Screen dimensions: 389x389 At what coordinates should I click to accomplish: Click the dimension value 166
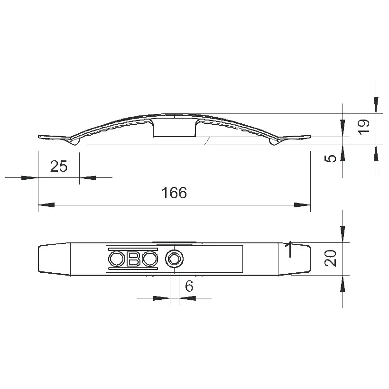[174, 193]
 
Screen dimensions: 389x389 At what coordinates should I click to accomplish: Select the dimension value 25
[59, 166]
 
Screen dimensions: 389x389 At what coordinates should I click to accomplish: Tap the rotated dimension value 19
[363, 126]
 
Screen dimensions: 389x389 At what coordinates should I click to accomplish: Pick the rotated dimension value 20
[332, 258]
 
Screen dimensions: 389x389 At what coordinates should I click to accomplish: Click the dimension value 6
[188, 286]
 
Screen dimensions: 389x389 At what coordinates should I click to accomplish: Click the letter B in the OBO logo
[133, 259]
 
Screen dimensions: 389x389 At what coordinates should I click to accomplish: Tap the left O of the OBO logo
[116, 259]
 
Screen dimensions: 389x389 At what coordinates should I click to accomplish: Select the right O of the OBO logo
[150, 259]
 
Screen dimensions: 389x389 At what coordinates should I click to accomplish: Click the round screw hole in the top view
[174, 259]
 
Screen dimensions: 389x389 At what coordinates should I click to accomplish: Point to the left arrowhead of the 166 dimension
[46, 205]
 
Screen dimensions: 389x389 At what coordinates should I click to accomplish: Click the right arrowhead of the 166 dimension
[302, 205]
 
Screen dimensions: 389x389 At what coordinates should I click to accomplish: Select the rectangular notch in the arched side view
[174, 129]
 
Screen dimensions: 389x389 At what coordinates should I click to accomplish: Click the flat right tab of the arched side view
[296, 138]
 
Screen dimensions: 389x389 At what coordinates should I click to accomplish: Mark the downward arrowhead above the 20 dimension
[343, 235]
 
